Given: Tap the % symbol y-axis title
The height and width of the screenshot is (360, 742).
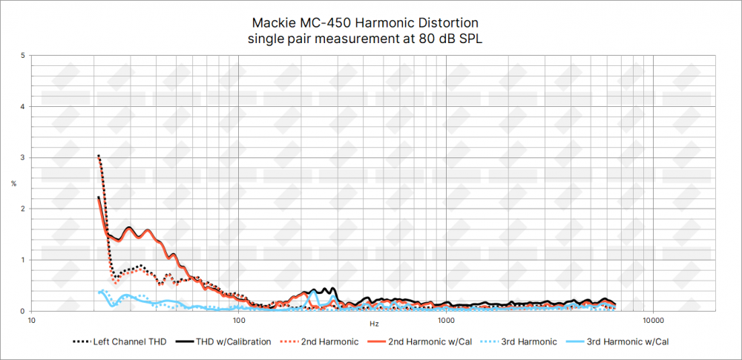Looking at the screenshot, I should tap(13, 183).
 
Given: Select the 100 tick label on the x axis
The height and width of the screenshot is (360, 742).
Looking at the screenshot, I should tap(239, 322).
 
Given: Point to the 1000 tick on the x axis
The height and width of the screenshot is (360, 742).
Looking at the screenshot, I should tap(446, 322).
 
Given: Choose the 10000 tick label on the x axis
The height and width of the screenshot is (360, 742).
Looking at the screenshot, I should tap(653, 322).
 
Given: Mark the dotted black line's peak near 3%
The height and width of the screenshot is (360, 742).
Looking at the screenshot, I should tap(98, 155).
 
